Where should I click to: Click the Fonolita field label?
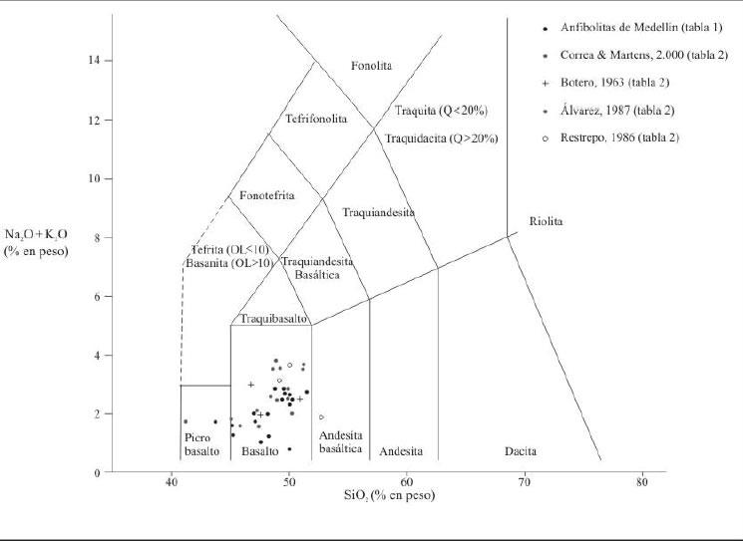[372, 66]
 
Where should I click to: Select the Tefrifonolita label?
[316, 118]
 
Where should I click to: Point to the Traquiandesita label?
[378, 212]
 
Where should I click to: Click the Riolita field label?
[546, 221]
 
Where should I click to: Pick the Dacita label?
[520, 451]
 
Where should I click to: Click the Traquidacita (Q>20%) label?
[442, 138]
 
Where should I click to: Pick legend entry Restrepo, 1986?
[619, 137]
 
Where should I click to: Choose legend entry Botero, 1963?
[605, 82]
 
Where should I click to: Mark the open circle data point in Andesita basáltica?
[321, 416]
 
